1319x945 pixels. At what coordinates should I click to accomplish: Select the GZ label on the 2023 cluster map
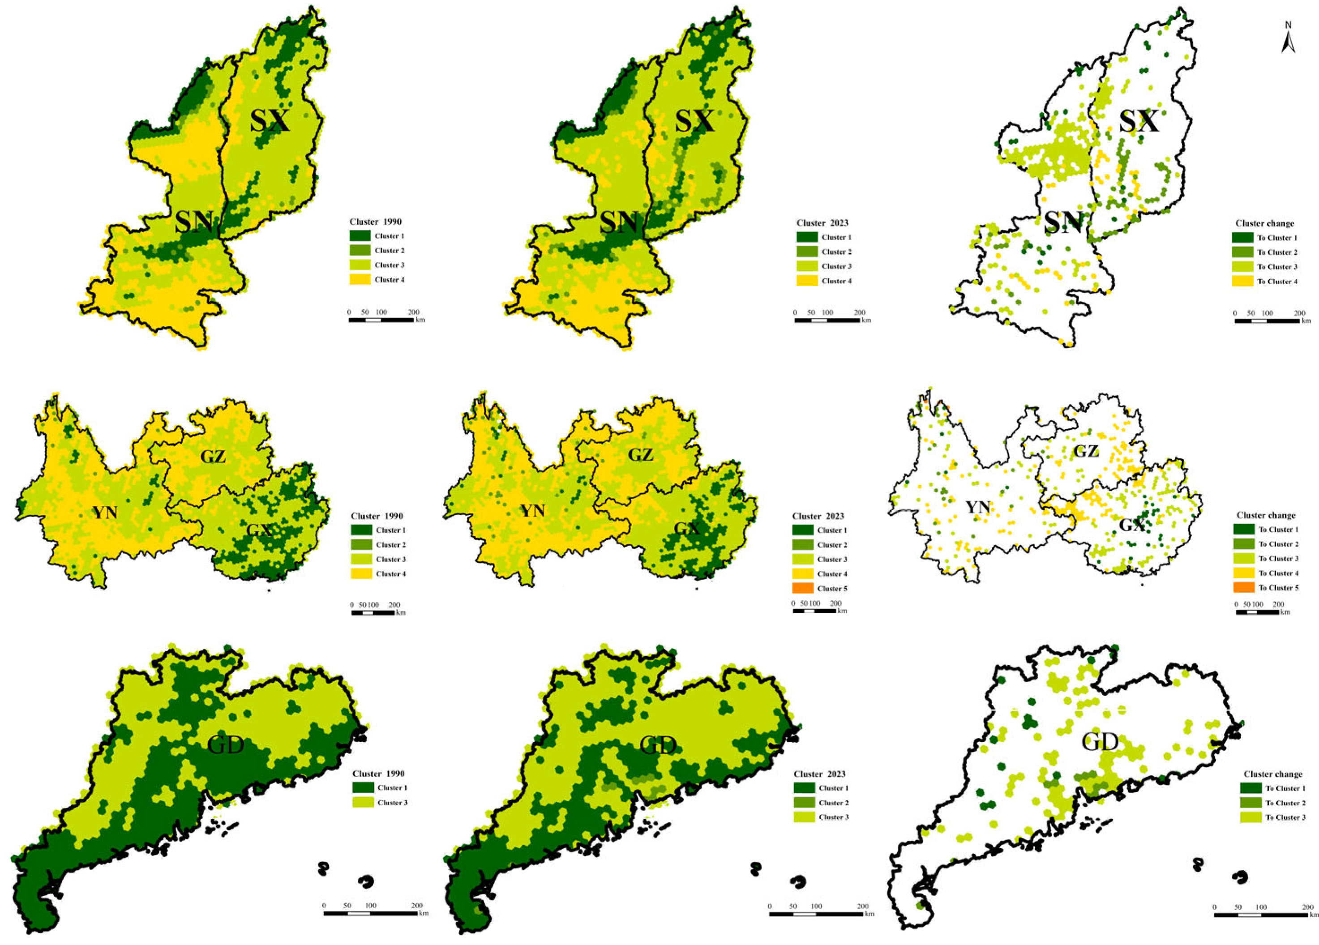pos(641,455)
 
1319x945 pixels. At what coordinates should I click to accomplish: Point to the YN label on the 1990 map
pos(105,512)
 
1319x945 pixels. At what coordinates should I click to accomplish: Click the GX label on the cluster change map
pos(1132,525)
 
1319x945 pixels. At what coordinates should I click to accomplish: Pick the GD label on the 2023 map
pos(658,745)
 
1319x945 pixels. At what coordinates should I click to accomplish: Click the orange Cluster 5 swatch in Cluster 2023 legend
pos(803,588)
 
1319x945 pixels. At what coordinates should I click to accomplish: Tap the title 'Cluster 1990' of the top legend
pos(375,222)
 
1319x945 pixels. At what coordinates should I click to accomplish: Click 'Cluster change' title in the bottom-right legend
pos(1272,774)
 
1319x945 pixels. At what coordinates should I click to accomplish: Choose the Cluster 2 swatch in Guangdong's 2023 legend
pos(804,803)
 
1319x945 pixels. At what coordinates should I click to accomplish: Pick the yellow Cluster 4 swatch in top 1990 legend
pos(360,280)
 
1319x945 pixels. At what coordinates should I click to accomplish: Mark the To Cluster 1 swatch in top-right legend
pos(1242,238)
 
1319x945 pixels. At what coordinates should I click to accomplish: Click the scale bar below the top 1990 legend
pos(381,320)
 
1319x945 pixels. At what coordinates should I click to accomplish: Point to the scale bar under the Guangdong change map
pos(1261,915)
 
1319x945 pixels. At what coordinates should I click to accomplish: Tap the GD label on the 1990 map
pos(226,745)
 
